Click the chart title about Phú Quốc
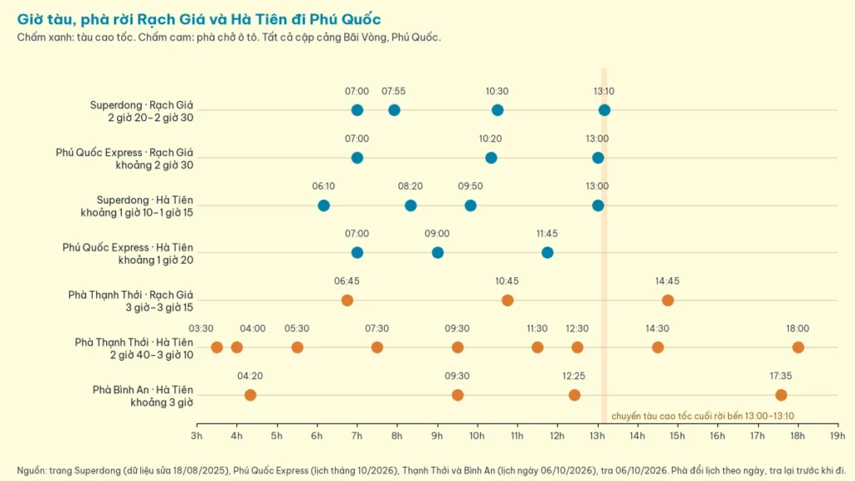pos(199,19)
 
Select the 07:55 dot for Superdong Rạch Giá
pos(394,110)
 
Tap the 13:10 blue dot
pos(605,110)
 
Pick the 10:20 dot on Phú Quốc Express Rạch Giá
pos(491,158)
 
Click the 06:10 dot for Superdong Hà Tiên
pos(323,205)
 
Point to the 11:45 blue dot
pos(548,252)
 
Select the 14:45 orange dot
pos(667,300)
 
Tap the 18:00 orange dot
pos(798,347)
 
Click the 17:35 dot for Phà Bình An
pos(781,395)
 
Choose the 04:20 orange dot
pos(250,395)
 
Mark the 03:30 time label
pos(201,329)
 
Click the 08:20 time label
pos(410,186)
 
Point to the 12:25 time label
pos(574,377)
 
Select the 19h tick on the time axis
pos(837,436)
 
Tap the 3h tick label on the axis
pos(196,436)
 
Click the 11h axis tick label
pos(517,436)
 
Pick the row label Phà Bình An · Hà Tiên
pos(143,390)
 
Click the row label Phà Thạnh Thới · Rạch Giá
pos(131,295)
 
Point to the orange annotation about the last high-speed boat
pos(702,416)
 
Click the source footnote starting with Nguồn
pos(431,470)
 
